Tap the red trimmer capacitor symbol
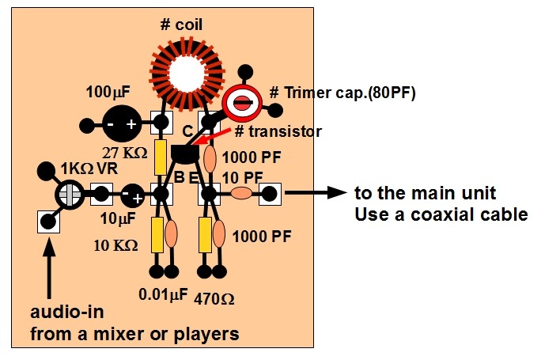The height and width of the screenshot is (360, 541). coord(241,104)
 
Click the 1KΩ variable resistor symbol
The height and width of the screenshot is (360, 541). coord(70,192)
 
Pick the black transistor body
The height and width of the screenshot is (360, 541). coord(189,150)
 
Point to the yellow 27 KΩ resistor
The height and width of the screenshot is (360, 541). coord(161,157)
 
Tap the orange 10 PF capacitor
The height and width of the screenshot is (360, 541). coord(241,192)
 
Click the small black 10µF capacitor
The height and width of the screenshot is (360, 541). coord(133,192)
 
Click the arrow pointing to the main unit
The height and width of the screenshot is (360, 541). coord(316,192)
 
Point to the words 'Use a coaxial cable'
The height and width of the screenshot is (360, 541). coord(440,214)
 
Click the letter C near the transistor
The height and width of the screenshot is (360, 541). coord(187,130)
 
